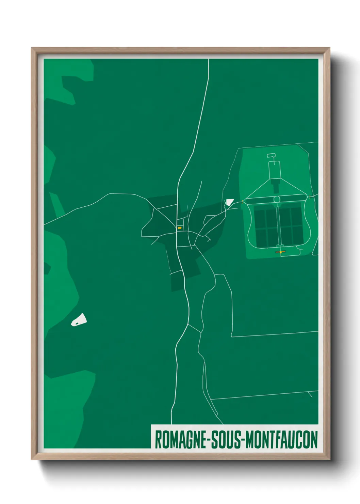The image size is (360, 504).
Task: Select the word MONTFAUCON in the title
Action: coord(281,440)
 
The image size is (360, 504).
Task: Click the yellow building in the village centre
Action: coord(179,228)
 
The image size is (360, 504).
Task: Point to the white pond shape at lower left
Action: coord(79,320)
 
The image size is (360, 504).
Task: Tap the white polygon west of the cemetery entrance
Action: coord(229,202)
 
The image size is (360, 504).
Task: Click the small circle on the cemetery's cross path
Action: coord(277,199)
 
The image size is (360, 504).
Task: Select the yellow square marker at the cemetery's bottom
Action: coord(281,252)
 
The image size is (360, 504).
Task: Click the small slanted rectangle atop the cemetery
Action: coord(271,156)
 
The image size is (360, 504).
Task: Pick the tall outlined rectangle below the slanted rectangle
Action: coord(274,170)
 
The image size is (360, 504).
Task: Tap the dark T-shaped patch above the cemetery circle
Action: coord(275,186)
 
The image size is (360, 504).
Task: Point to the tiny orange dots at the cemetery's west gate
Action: coord(243,202)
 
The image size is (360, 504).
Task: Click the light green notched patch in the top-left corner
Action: coord(68,82)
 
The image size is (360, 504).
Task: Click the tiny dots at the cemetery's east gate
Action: coord(310,197)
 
